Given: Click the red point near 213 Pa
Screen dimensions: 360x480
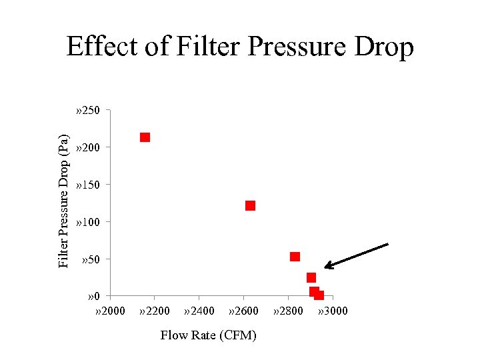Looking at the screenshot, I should point(145,137).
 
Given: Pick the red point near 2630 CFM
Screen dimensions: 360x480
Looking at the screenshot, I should point(250,205).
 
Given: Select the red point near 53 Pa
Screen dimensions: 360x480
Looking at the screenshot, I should point(295,257).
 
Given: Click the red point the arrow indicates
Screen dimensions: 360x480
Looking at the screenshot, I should point(311,277).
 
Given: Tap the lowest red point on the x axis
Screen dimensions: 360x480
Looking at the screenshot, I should point(319,295).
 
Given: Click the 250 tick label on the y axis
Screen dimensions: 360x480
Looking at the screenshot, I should point(88,110).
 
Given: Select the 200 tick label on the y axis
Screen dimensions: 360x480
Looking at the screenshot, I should point(88,147).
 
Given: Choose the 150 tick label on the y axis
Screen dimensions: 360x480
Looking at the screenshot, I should point(88,184).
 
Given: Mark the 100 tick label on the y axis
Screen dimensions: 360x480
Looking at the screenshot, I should point(88,221).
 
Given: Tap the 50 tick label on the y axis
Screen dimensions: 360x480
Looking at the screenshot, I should point(91,259).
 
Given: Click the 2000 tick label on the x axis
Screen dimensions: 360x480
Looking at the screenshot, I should point(111,311).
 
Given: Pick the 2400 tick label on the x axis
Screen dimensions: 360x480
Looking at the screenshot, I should point(199,311).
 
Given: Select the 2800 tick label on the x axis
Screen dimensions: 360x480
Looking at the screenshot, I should point(288,311).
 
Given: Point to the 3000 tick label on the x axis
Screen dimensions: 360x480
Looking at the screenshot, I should point(333,311).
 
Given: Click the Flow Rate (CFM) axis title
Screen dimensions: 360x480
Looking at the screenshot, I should point(208,335).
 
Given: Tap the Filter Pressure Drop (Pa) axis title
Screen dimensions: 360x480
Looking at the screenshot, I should point(63,201).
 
